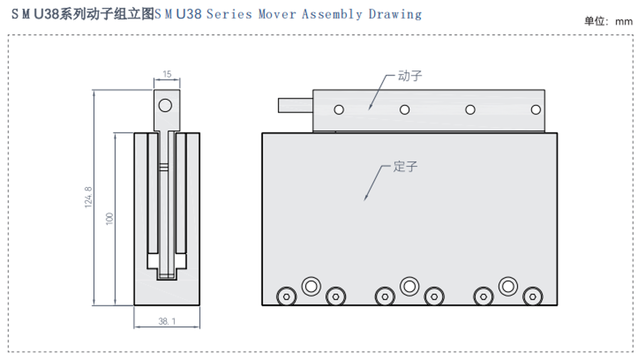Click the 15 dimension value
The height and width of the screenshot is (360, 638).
tap(167, 74)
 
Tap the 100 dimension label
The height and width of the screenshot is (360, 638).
tap(110, 219)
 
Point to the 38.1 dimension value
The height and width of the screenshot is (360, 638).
tap(167, 321)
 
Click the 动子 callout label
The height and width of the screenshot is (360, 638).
tap(410, 76)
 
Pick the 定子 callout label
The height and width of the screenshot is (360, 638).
tap(405, 167)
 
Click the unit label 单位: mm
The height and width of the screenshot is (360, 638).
tap(609, 21)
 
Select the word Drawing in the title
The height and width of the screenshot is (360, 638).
tap(395, 14)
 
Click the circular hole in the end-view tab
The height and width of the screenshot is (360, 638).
tap(165, 105)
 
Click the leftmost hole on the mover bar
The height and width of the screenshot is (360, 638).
tap(339, 110)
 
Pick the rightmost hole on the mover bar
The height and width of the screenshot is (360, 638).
tap(536, 110)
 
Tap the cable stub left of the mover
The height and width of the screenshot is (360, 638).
tap(295, 106)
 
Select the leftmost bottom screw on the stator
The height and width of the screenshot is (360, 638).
tap(286, 297)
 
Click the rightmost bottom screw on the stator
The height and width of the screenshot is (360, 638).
tap(532, 297)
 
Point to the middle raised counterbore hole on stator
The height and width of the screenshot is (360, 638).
tap(409, 286)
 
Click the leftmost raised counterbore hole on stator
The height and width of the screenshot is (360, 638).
tap(311, 286)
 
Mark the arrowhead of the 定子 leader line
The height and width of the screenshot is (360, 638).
tap(365, 199)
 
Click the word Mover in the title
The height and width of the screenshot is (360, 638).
tap(277, 14)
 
